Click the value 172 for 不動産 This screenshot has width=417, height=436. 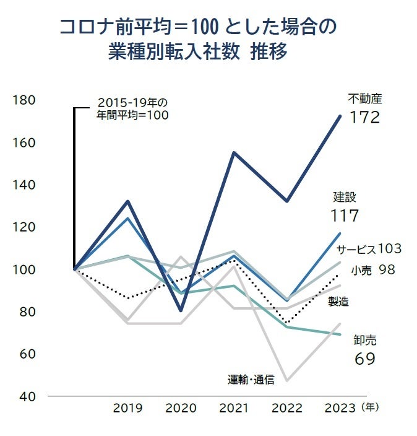(x=364, y=117)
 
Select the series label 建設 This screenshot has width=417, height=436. (x=345, y=198)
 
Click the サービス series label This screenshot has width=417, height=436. (x=356, y=249)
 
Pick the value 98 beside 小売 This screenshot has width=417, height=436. (x=387, y=269)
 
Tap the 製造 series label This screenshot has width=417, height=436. (x=338, y=302)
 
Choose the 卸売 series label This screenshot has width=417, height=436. (x=364, y=340)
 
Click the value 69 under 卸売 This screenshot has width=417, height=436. (x=365, y=359)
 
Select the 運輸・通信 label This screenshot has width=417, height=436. (x=251, y=379)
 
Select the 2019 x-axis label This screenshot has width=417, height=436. (x=127, y=408)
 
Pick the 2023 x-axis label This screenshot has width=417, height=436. (x=340, y=408)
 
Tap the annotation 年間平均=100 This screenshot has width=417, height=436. (x=132, y=115)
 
